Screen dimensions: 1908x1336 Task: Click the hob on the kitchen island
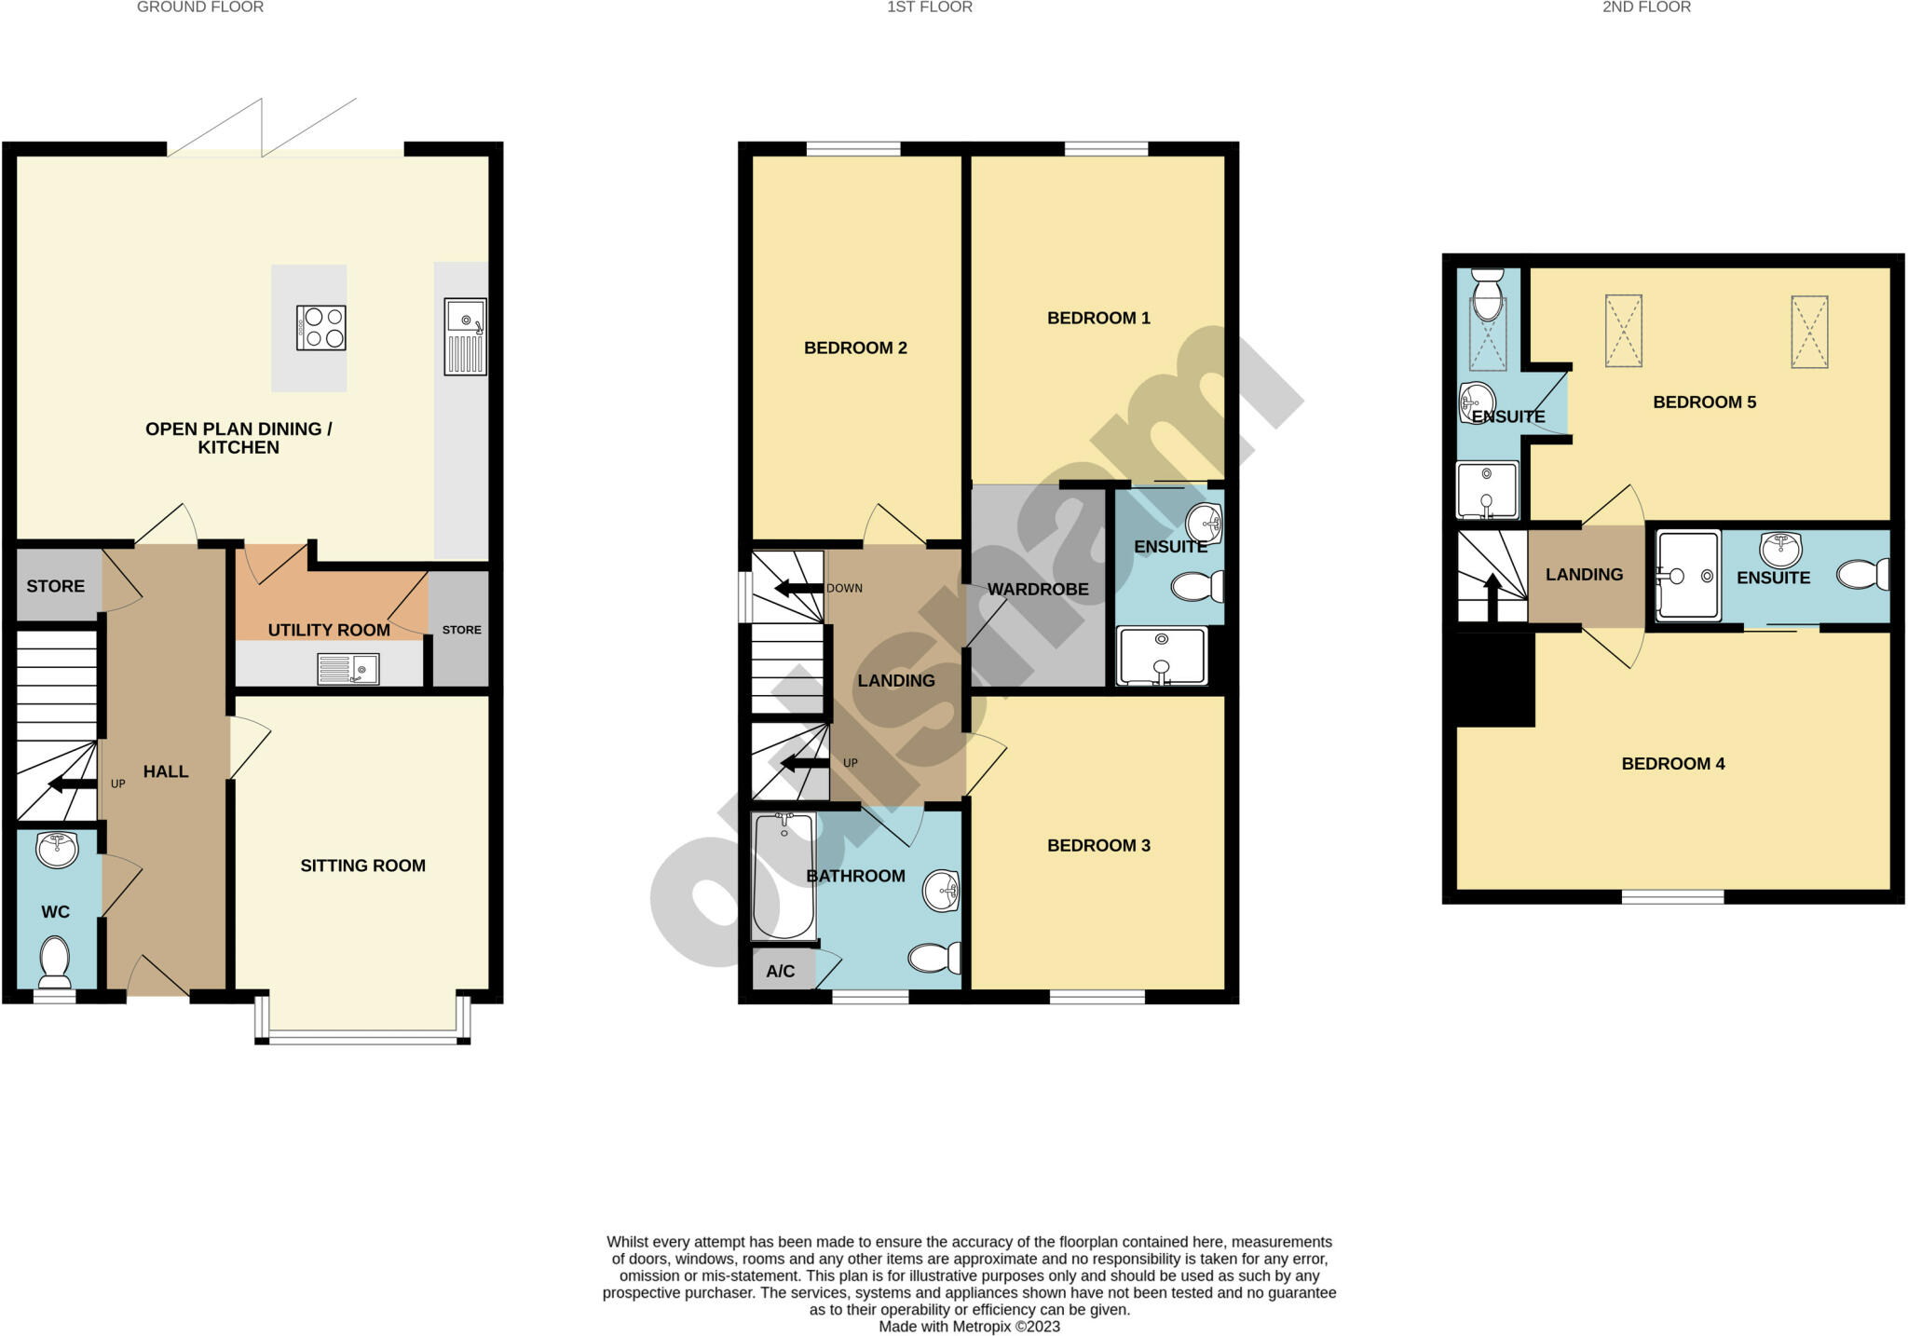coord(320,328)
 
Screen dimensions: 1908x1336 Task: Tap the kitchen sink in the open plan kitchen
coord(465,336)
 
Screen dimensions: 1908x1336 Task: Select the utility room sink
coord(348,669)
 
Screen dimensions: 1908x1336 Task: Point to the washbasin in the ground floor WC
coord(58,850)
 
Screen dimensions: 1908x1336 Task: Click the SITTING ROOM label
coord(362,866)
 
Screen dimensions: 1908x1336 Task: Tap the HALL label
coord(166,771)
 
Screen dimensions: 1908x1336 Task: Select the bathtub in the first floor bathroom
coord(784,876)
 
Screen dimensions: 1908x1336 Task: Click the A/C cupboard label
coord(781,972)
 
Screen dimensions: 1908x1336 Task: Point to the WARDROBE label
coord(1038,589)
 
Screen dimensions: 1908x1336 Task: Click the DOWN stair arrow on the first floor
coord(797,588)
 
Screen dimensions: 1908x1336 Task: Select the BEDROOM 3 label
coord(1098,845)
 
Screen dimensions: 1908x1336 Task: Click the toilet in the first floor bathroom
coord(934,957)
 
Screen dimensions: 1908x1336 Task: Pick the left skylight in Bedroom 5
coord(1623,331)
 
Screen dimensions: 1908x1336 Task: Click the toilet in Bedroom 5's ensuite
coord(1488,293)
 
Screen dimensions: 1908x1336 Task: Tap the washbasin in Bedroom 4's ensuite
coord(1780,550)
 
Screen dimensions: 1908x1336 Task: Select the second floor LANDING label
coord(1584,575)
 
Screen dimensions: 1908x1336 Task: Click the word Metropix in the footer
coord(981,1327)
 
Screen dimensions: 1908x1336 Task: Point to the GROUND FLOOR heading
coord(200,7)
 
